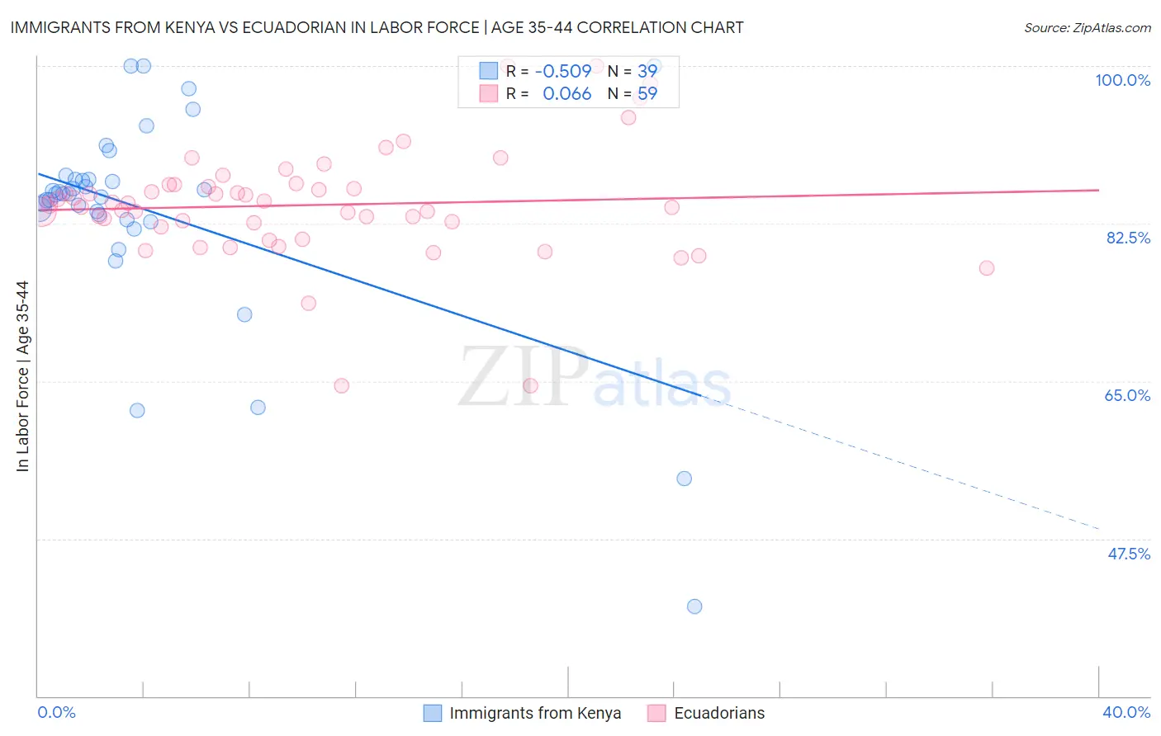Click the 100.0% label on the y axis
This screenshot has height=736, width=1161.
(1122, 80)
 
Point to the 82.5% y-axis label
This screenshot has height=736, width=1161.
(1128, 238)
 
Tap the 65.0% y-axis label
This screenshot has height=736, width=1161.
(1127, 395)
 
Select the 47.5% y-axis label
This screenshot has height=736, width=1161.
(1128, 554)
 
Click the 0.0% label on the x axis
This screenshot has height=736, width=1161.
(56, 712)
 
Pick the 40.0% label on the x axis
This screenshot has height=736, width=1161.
(1125, 712)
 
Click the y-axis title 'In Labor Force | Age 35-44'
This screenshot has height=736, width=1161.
(23, 376)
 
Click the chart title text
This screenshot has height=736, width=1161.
(377, 28)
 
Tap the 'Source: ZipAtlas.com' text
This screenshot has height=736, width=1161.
(1087, 28)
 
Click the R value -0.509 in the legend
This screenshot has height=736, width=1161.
(563, 72)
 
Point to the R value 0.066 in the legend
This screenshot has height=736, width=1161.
(566, 94)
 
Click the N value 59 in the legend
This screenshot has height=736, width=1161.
(647, 94)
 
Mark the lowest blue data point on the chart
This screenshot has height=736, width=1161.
(694, 606)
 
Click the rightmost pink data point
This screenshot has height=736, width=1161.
(986, 268)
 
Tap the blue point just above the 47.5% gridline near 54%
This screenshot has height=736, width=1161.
(684, 479)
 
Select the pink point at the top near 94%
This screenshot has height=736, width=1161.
(628, 117)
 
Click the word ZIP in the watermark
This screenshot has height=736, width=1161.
(523, 376)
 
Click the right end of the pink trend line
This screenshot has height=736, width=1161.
(1098, 190)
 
